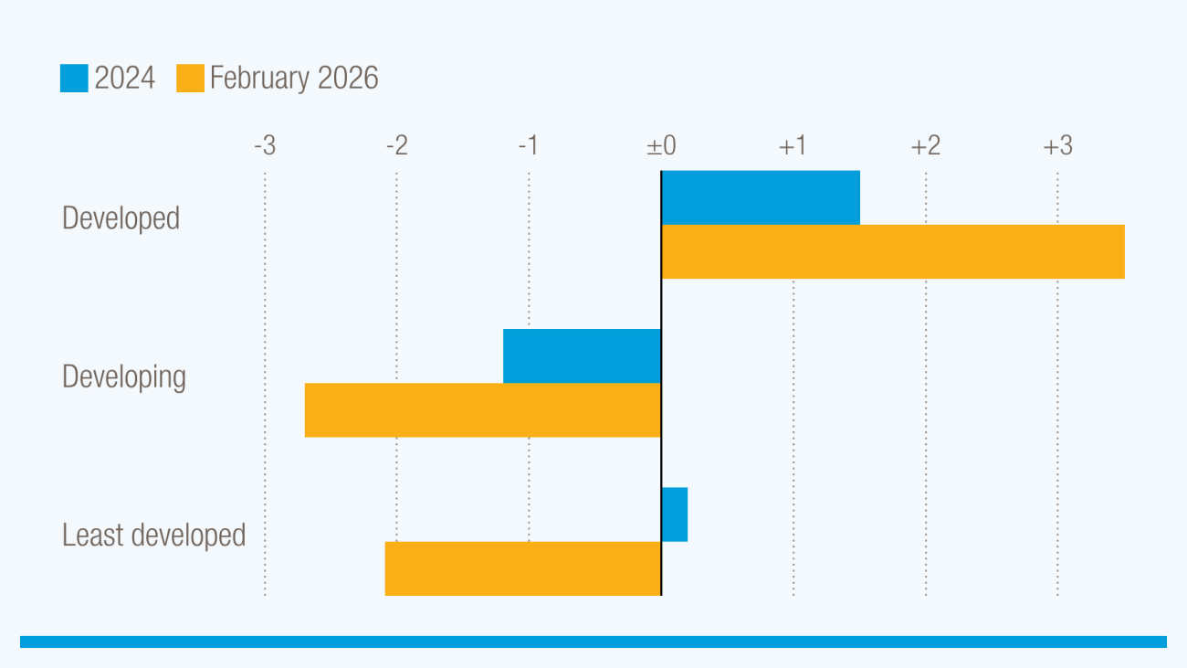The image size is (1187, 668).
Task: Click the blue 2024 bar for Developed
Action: pos(761,197)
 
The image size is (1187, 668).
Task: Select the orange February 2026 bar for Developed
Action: pos(893,251)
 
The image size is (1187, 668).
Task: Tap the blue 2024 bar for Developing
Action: pos(582,355)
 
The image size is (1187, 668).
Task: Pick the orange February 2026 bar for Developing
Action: pos(482,409)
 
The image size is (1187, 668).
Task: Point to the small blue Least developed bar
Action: pos(674,514)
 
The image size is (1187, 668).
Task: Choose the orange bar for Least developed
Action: pos(522,568)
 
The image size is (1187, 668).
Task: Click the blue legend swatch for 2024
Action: pos(74,79)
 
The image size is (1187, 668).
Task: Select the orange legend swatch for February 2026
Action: pos(190,79)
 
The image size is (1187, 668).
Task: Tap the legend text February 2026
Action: pos(294,79)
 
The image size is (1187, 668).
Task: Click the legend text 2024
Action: pos(125,79)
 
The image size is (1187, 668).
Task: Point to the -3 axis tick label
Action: pos(265,146)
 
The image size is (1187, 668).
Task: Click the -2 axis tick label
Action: pos(396,146)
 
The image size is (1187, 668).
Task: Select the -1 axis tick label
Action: pos(529,146)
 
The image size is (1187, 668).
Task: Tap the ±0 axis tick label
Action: pos(661,146)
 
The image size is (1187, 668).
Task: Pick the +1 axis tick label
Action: pos(793,146)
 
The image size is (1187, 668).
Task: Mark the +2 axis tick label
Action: pos(925,146)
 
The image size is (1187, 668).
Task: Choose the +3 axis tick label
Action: pos(1057,146)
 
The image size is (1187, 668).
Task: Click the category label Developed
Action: pos(121,219)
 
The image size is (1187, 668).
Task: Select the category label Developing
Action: pos(124,377)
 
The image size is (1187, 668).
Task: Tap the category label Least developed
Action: pos(153,535)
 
